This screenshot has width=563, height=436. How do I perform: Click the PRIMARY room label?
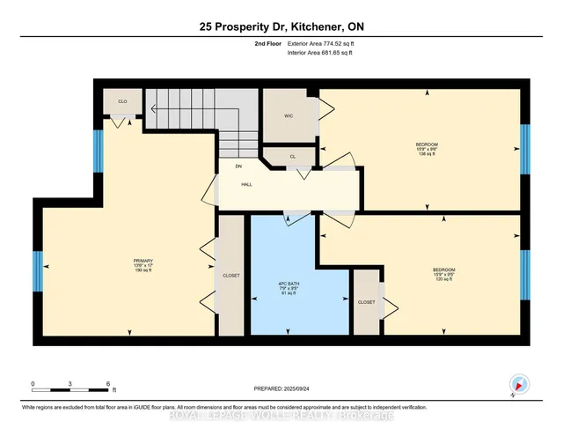pyautogui.click(x=143, y=261)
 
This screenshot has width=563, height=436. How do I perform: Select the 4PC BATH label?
pyautogui.click(x=284, y=283)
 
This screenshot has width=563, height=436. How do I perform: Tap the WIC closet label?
pyautogui.click(x=288, y=115)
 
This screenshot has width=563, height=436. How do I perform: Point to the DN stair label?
pyautogui.click(x=238, y=166)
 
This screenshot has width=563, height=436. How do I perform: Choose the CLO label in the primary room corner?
pyautogui.click(x=122, y=102)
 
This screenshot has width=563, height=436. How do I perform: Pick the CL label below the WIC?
pyautogui.click(x=291, y=156)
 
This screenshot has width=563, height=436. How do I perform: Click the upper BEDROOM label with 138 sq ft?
pyautogui.click(x=427, y=144)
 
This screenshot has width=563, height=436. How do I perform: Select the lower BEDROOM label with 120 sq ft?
pyautogui.click(x=443, y=270)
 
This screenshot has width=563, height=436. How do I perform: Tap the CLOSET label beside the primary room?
pyautogui.click(x=230, y=275)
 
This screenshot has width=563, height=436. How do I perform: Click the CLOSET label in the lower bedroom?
pyautogui.click(x=366, y=302)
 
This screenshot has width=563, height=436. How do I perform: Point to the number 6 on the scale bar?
pyautogui.click(x=107, y=384)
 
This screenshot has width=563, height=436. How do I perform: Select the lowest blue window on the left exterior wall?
pyautogui.click(x=38, y=271)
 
